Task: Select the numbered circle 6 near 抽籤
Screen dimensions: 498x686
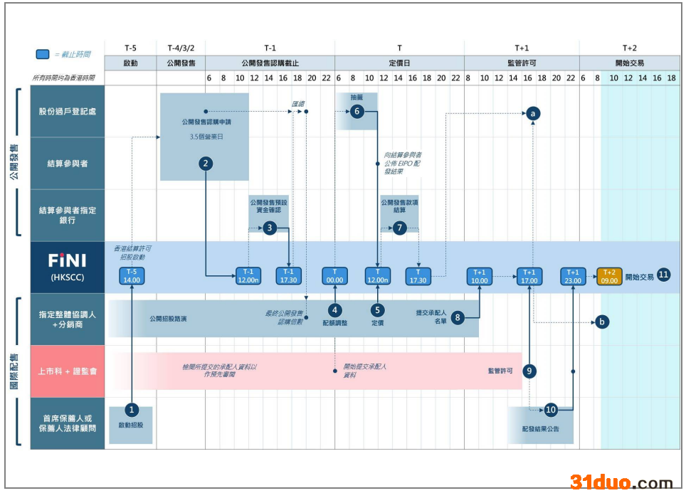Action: click(358, 111)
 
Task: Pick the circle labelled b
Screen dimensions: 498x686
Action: click(603, 322)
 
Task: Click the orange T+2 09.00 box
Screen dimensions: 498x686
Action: click(609, 276)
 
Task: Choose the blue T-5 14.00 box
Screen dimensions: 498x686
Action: click(132, 276)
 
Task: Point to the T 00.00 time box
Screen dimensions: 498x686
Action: click(334, 276)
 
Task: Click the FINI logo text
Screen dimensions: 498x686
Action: click(67, 260)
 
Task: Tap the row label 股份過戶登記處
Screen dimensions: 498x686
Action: click(68, 111)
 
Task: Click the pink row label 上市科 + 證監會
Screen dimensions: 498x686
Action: click(68, 371)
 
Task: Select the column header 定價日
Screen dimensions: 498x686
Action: click(399, 63)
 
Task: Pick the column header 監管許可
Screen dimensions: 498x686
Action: click(522, 63)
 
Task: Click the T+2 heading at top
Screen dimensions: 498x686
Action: click(629, 48)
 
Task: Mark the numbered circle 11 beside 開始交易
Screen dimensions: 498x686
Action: click(663, 275)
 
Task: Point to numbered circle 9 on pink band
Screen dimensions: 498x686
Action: click(529, 371)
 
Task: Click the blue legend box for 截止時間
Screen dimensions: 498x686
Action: click(43, 54)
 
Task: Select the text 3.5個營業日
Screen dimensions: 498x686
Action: click(204, 136)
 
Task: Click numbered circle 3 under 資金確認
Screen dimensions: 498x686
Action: click(269, 228)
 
